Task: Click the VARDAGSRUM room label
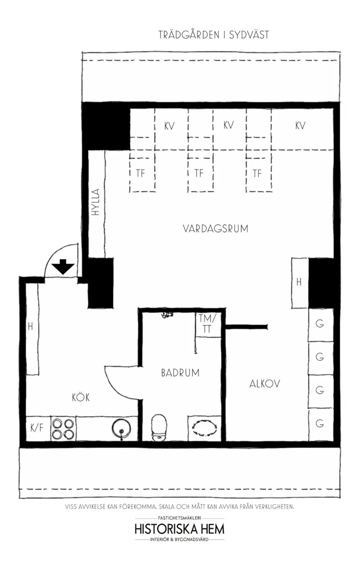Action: (x=215, y=228)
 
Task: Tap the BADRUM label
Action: (x=180, y=373)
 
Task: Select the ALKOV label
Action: (x=265, y=384)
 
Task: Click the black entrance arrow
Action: (x=63, y=267)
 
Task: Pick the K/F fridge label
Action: (x=37, y=428)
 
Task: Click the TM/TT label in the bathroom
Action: (x=207, y=324)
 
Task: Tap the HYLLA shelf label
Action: (x=95, y=202)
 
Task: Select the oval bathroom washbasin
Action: (x=204, y=429)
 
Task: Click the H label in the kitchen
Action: (x=31, y=326)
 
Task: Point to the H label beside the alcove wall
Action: (x=299, y=282)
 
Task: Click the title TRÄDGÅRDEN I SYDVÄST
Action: (x=213, y=35)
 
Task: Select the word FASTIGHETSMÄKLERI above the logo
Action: (x=180, y=518)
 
